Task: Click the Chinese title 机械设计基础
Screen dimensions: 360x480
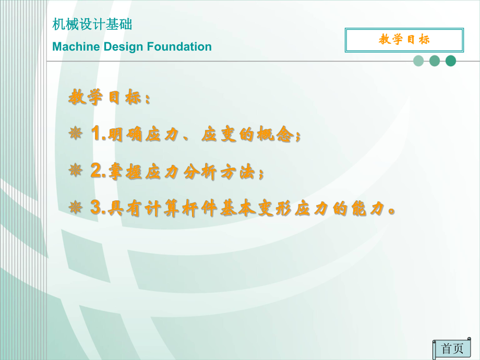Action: (92, 24)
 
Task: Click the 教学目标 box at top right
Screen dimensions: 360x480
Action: (404, 40)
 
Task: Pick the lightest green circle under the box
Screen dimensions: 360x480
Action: (418, 61)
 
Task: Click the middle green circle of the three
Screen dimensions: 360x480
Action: (435, 61)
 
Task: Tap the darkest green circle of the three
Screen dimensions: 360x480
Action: (451, 61)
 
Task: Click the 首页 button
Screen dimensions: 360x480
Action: (452, 349)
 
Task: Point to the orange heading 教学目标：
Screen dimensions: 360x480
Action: (110, 98)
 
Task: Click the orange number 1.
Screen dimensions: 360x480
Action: (96, 135)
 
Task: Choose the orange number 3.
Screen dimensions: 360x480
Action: (96, 209)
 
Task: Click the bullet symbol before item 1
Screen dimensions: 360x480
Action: (76, 135)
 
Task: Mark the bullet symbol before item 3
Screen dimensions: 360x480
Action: (76, 209)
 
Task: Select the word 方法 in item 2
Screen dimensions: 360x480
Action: (238, 173)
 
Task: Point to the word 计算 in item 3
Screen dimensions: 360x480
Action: (155, 209)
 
